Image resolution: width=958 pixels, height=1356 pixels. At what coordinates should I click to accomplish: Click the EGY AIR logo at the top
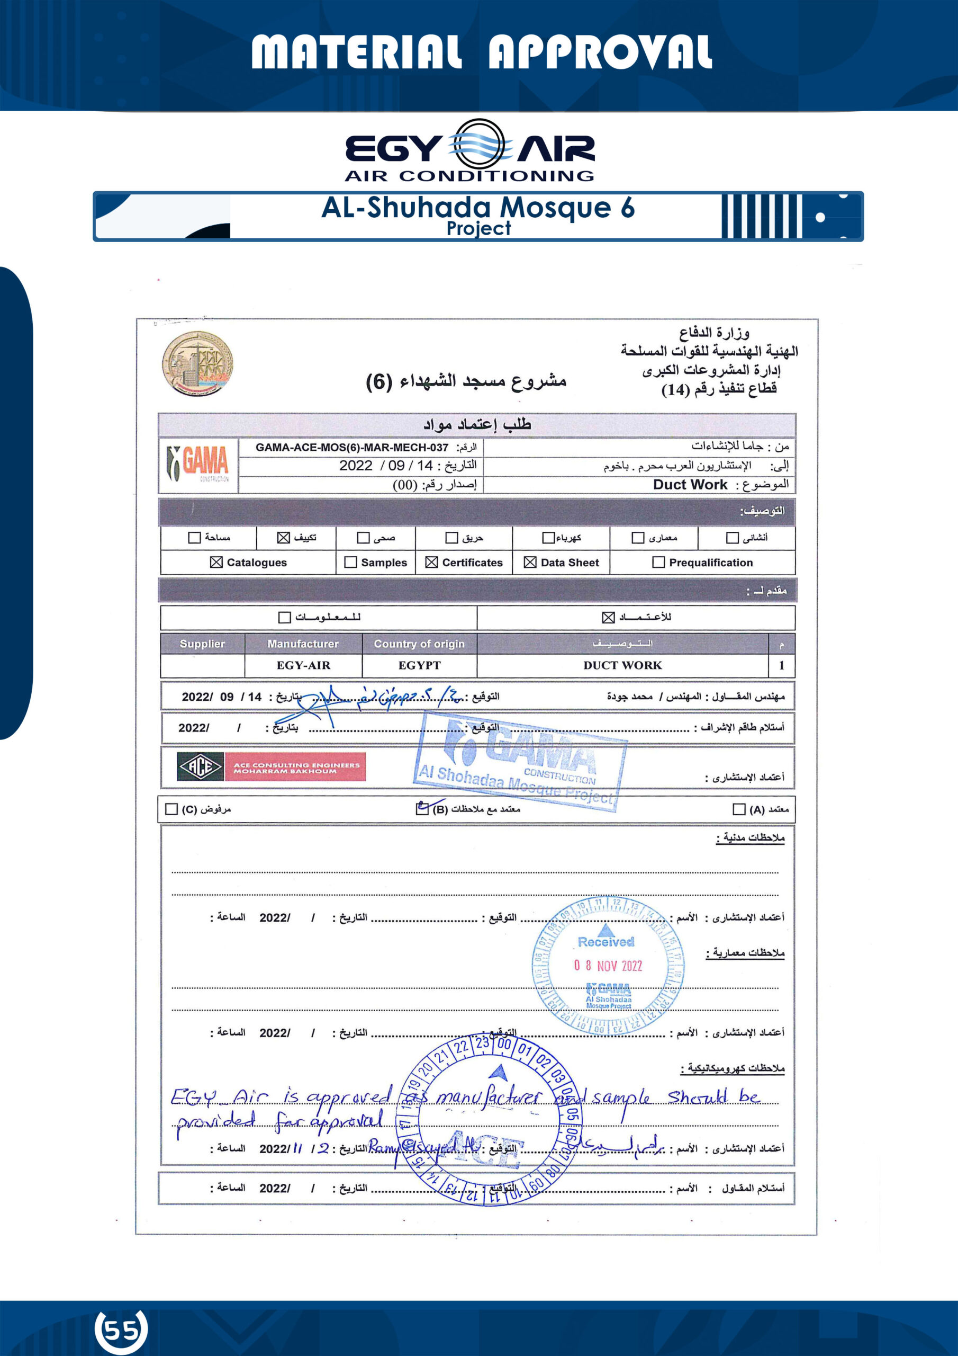coord(470,150)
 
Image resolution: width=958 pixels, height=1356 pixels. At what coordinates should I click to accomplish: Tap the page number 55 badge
coord(121,1330)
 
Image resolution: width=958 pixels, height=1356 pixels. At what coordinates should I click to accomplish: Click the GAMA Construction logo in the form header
coord(198,464)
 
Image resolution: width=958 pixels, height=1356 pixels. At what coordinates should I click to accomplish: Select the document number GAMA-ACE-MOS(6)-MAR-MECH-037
coord(352,448)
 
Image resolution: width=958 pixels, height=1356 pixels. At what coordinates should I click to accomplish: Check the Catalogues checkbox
coord(216,562)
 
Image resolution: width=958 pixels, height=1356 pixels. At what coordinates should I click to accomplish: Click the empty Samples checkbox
coord(350,562)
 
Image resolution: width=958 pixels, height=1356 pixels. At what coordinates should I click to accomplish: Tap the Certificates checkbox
coord(431,562)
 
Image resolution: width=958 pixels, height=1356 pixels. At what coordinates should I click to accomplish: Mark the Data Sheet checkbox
coord(530,562)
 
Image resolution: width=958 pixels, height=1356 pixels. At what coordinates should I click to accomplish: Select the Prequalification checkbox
coord(658,562)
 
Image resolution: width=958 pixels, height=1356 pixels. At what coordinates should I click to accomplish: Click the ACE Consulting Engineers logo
coord(271,766)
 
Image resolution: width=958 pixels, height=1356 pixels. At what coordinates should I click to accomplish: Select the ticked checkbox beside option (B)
coord(422,808)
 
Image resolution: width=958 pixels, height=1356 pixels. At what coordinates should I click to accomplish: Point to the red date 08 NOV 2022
coord(608,966)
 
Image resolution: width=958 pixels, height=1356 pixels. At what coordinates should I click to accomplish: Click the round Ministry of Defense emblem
coord(198,363)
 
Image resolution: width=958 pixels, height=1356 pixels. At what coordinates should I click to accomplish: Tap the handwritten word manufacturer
coord(488,1098)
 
